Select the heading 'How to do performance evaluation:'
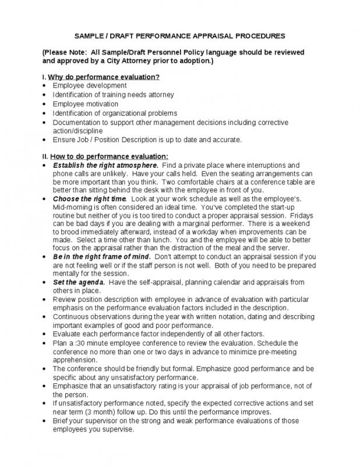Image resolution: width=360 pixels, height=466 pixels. pos(109,156)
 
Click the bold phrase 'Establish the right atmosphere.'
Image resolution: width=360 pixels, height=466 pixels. pos(105,165)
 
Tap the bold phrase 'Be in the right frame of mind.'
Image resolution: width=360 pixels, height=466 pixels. pos(102,257)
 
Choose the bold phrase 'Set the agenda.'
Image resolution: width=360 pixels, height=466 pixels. pos(79,283)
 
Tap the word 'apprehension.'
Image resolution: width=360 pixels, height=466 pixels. pos(75,360)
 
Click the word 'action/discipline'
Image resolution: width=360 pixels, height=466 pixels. pos(77,131)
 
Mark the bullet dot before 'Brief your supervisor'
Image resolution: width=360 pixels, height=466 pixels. pos(45,421)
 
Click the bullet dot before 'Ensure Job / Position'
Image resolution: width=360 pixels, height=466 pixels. pos(45,140)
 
